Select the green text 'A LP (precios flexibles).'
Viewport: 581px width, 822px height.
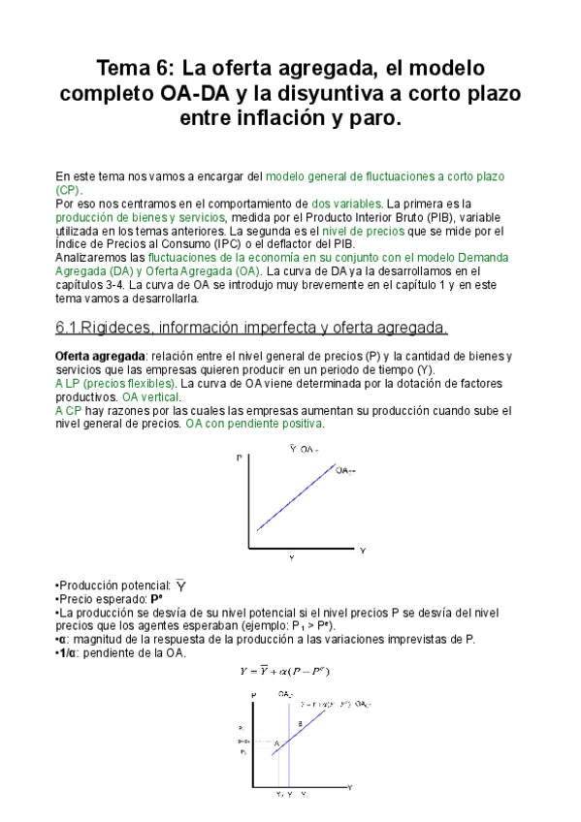point(115,384)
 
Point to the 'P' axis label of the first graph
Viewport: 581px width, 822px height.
point(239,457)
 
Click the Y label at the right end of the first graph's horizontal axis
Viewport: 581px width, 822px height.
point(363,551)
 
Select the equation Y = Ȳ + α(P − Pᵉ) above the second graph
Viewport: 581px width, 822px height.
point(288,671)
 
